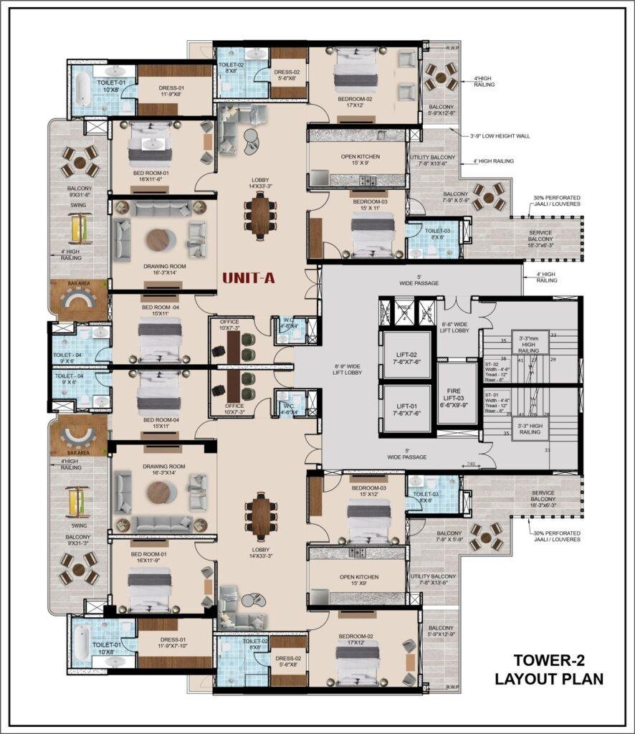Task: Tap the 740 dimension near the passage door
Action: [x=471, y=464]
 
